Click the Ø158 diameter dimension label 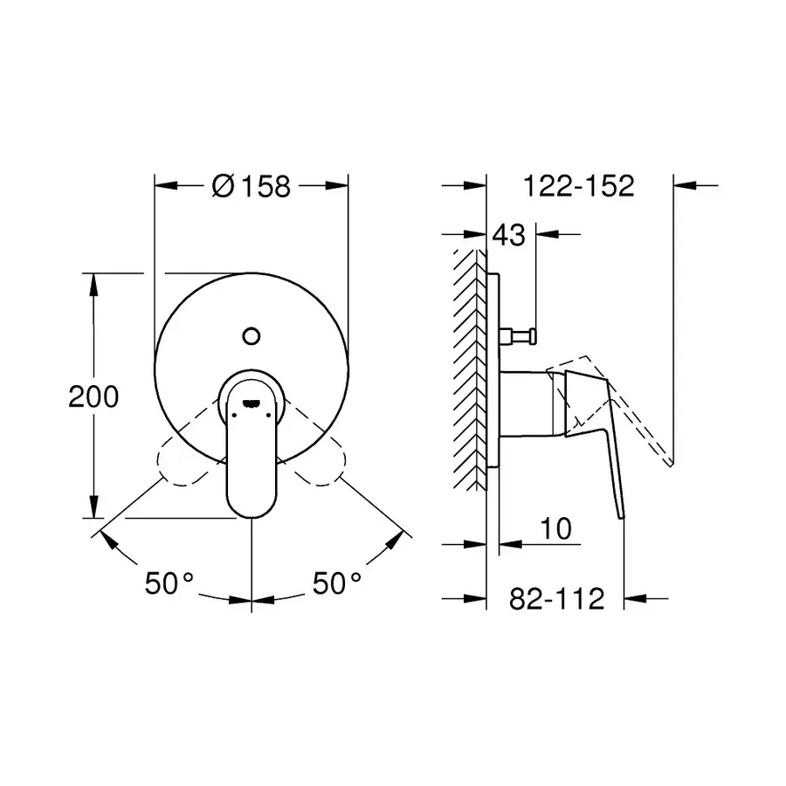(x=251, y=186)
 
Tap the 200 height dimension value (x=93, y=396)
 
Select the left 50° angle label (x=169, y=583)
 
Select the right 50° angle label (x=337, y=583)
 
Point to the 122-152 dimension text (x=577, y=186)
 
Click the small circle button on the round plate (x=252, y=334)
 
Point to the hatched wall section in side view (x=468, y=367)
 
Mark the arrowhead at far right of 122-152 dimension (x=686, y=185)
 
